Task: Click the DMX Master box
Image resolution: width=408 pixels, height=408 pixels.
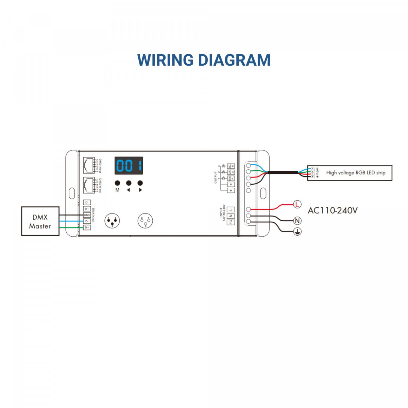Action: [x=40, y=221]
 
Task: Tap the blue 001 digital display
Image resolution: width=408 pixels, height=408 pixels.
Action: [x=129, y=166]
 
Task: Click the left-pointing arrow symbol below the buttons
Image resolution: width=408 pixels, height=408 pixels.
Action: [x=129, y=190]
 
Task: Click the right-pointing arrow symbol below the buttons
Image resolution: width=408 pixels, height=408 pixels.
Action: [x=140, y=190]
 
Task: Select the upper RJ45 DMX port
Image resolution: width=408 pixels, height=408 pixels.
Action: [x=89, y=165]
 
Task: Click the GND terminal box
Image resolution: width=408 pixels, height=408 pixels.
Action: [x=87, y=215]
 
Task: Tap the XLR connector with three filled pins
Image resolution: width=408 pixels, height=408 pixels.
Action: [x=112, y=221]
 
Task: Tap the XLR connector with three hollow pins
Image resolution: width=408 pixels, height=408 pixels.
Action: [x=145, y=221]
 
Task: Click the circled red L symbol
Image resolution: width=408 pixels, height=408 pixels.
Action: [x=297, y=204]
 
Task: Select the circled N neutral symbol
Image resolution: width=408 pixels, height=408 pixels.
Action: [x=297, y=221]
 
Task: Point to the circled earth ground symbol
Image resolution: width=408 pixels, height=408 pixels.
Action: [x=297, y=232]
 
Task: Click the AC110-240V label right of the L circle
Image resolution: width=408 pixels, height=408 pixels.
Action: [x=333, y=210]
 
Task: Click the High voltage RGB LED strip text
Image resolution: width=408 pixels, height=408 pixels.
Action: [x=356, y=173]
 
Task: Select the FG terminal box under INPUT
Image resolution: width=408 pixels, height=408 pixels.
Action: [x=231, y=222]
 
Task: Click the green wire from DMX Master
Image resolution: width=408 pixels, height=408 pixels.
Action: [x=71, y=227]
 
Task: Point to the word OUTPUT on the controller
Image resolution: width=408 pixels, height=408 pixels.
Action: [x=216, y=178]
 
